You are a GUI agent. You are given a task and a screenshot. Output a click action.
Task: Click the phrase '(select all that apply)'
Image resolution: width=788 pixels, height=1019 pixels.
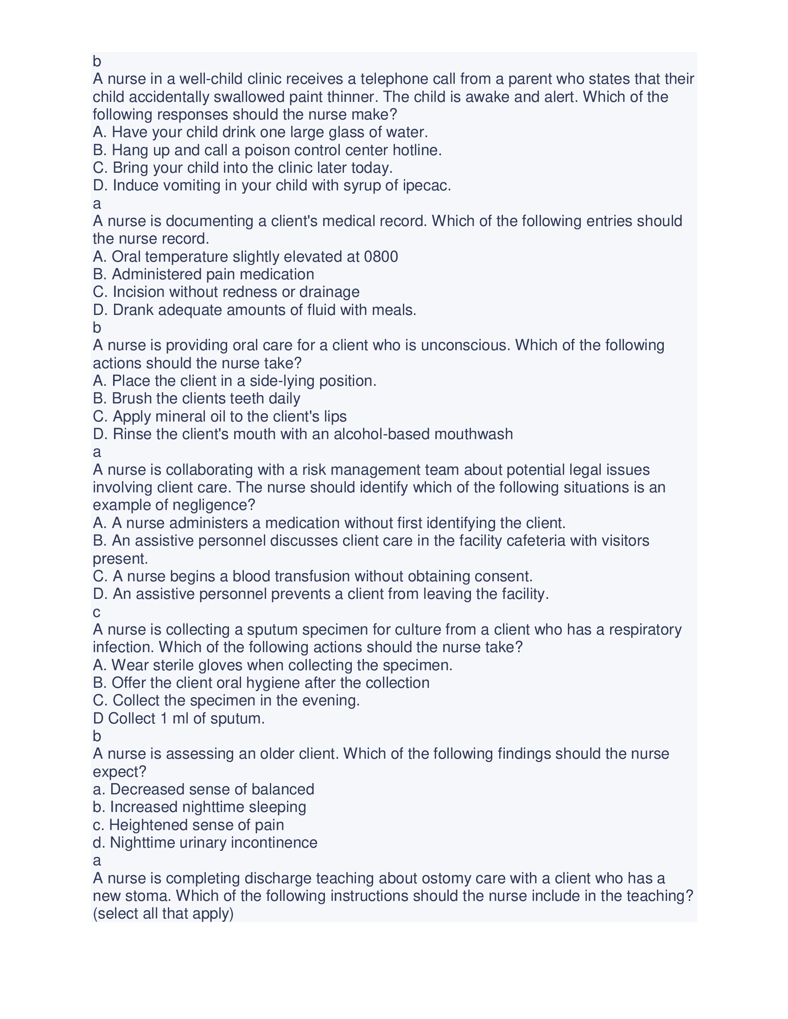163,914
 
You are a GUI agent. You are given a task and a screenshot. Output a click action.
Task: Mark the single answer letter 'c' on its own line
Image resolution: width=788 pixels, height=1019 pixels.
96,612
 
